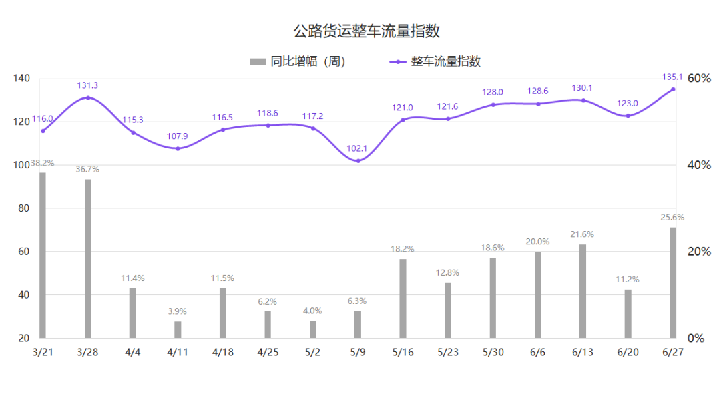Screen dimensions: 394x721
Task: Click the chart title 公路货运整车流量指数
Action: pyautogui.click(x=367, y=31)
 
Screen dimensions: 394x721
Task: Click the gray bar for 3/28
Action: pyautogui.click(x=87, y=258)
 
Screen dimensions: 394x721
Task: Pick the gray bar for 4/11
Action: pyautogui.click(x=178, y=329)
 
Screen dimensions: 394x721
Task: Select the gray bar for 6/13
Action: pyautogui.click(x=583, y=291)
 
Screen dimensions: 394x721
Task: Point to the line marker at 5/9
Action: pyautogui.click(x=358, y=161)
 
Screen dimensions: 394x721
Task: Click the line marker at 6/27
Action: pyautogui.click(x=673, y=89)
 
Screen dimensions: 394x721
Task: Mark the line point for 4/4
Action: pyautogui.click(x=133, y=132)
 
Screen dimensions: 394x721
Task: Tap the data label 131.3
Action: pyautogui.click(x=87, y=85)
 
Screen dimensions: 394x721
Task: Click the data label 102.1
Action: pyautogui.click(x=358, y=148)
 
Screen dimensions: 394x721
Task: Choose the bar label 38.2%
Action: pyautogui.click(x=42, y=163)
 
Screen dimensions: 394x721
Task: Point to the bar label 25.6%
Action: pyautogui.click(x=672, y=217)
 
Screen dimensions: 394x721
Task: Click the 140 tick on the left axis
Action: pyautogui.click(x=21, y=79)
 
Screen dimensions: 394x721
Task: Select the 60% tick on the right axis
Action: pyautogui.click(x=699, y=79)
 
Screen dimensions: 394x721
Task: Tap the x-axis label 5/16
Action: pyautogui.click(x=403, y=352)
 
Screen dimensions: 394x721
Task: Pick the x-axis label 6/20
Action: pyautogui.click(x=628, y=352)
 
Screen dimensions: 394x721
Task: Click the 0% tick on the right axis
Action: pyautogui.click(x=696, y=338)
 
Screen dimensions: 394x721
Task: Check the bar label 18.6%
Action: pyautogui.click(x=493, y=248)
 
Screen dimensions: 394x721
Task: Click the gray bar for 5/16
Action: pyautogui.click(x=403, y=299)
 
